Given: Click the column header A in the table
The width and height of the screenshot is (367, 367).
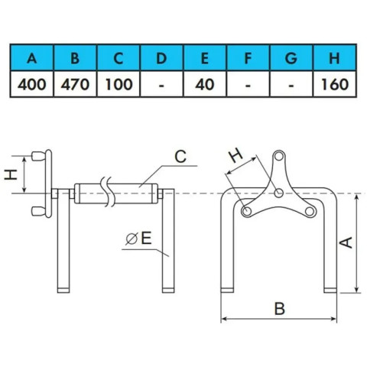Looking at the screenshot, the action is tap(32, 58).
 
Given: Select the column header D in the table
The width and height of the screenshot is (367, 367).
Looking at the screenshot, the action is tap(161, 58).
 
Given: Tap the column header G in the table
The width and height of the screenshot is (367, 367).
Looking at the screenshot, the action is tap(291, 58).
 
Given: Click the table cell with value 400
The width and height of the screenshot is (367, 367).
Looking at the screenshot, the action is tap(32, 84).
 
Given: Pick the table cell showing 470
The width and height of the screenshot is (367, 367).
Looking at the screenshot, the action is tap(75, 84).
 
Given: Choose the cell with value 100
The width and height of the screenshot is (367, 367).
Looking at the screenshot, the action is tap(119, 84).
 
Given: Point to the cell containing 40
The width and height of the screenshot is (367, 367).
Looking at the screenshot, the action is tap(205, 84).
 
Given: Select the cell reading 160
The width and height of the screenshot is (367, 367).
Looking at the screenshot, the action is tap(334, 84).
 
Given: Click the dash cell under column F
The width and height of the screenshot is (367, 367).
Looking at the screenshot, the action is tap(248, 84).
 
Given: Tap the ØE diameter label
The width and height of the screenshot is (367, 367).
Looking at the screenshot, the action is tap(139, 239).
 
